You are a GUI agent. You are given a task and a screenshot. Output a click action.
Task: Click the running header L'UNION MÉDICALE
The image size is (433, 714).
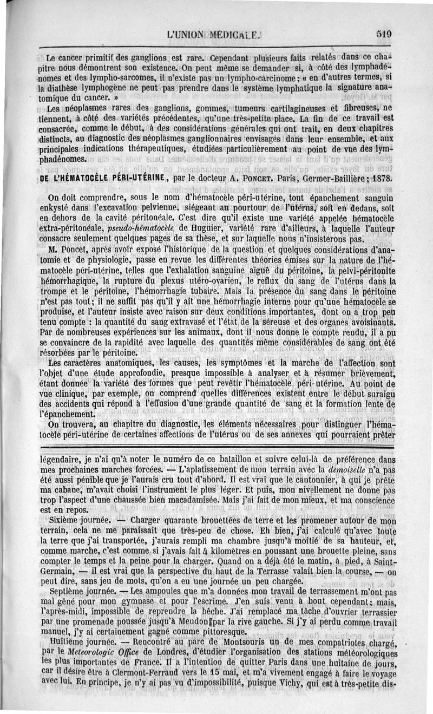pos(215,32)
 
